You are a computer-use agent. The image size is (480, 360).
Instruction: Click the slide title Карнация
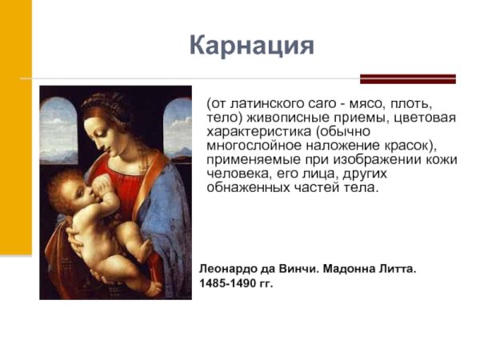tap(251, 45)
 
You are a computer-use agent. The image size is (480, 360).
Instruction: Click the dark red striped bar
tap(407, 78)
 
